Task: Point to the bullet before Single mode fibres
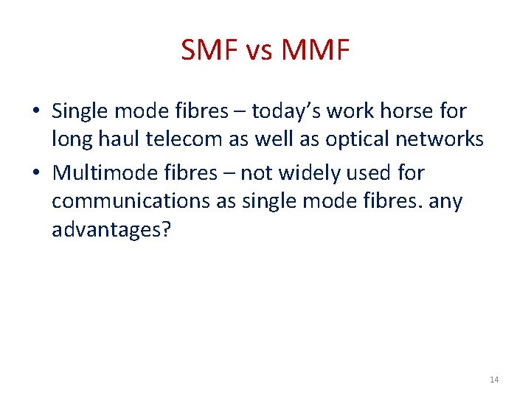pyautogui.click(x=36, y=112)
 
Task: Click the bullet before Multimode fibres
pyautogui.click(x=36, y=174)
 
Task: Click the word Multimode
pyautogui.click(x=98, y=173)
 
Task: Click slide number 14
pyautogui.click(x=493, y=380)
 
